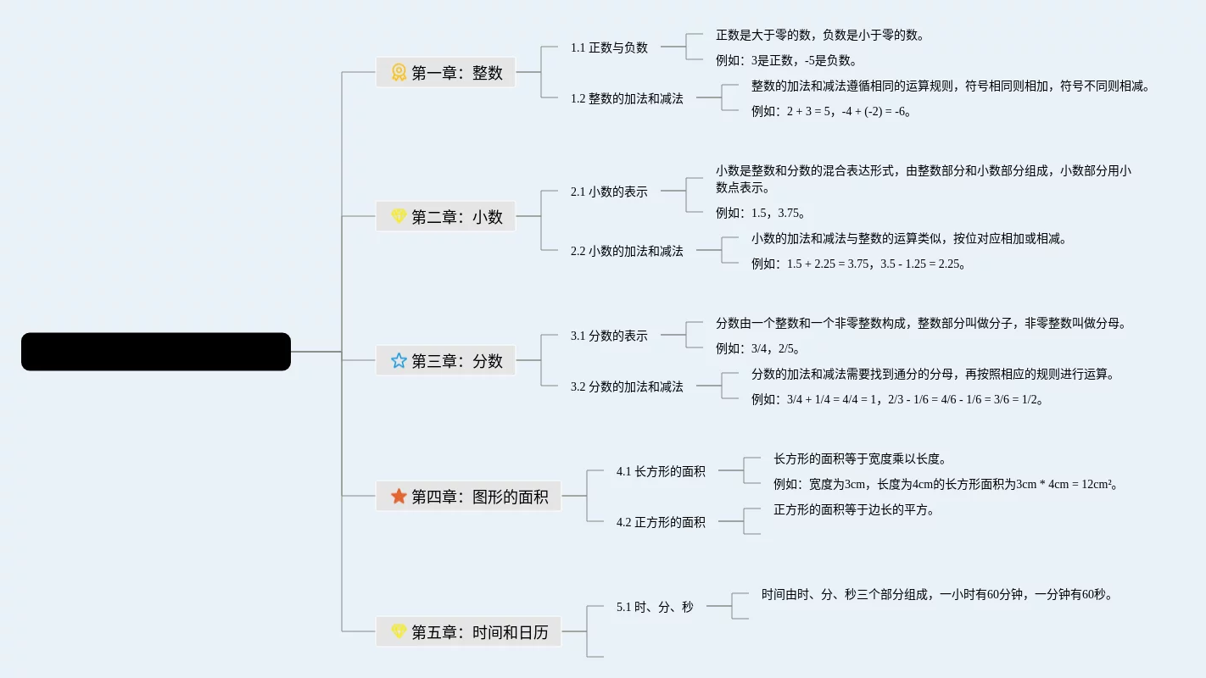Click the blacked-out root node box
tap(156, 352)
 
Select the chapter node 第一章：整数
tap(445, 73)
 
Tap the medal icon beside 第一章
tap(399, 73)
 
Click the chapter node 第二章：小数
tap(445, 217)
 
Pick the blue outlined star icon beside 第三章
tap(399, 361)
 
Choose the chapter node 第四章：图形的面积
tap(468, 497)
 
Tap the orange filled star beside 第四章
tap(399, 496)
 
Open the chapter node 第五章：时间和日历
tap(468, 632)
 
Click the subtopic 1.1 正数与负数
tap(609, 47)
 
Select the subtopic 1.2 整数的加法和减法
tap(627, 98)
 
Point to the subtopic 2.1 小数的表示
tap(609, 192)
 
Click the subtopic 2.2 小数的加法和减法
tap(627, 251)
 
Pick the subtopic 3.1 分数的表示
tap(609, 336)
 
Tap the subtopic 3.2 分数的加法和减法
tap(627, 386)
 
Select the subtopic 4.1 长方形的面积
tap(661, 471)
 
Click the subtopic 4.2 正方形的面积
tap(661, 522)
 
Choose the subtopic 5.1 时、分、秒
tap(655, 607)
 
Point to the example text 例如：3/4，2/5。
tap(758, 348)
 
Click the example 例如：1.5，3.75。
tap(761, 213)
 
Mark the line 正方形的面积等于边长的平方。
tap(854, 510)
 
